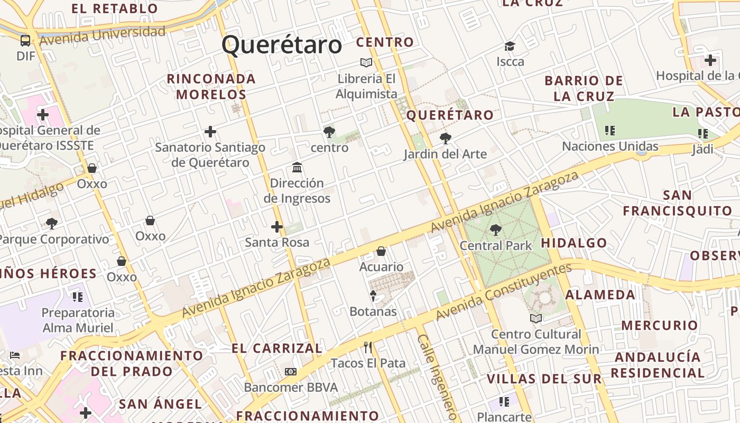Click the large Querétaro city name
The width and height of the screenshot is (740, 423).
pyautogui.click(x=282, y=44)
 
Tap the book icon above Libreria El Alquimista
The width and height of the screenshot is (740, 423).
pyautogui.click(x=366, y=62)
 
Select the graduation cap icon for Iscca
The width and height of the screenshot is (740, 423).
pyautogui.click(x=510, y=47)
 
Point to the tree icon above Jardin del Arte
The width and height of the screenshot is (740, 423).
pyautogui.click(x=445, y=139)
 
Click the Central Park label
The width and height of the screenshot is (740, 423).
pyautogui.click(x=495, y=245)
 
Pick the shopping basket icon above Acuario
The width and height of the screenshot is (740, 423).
pyautogui.click(x=381, y=251)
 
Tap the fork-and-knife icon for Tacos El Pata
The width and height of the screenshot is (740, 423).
pyautogui.click(x=368, y=347)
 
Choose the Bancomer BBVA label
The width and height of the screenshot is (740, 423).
pyautogui.click(x=291, y=387)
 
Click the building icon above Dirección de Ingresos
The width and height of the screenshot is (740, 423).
pyautogui.click(x=297, y=168)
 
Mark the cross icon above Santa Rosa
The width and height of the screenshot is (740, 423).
pyautogui.click(x=276, y=227)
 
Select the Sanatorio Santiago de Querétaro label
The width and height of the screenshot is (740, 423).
pyautogui.click(x=210, y=154)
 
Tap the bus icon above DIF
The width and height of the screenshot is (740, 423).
pyautogui.click(x=25, y=41)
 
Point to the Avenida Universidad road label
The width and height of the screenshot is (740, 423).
pyautogui.click(x=102, y=35)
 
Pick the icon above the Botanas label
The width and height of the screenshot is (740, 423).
pyautogui.click(x=373, y=296)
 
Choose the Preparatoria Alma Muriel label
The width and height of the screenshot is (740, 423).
pyautogui.click(x=78, y=320)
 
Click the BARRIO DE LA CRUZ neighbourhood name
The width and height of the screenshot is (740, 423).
pyautogui.click(x=584, y=88)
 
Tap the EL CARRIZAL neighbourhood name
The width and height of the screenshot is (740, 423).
pyautogui.click(x=277, y=348)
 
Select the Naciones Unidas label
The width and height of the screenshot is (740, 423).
pyautogui.click(x=610, y=146)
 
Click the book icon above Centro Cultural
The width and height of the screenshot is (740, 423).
pyautogui.click(x=536, y=318)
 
